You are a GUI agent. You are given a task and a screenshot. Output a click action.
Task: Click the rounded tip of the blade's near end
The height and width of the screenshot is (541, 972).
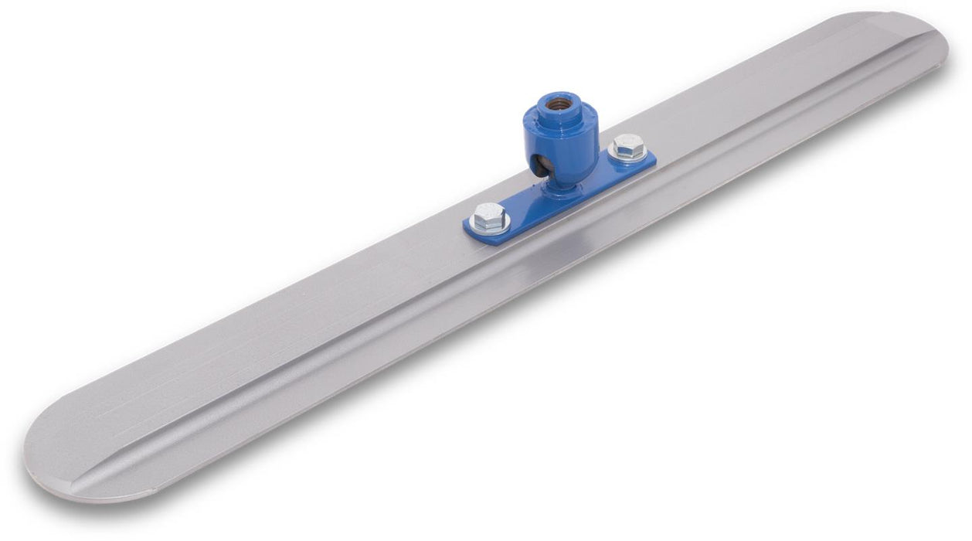tap(35, 456)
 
